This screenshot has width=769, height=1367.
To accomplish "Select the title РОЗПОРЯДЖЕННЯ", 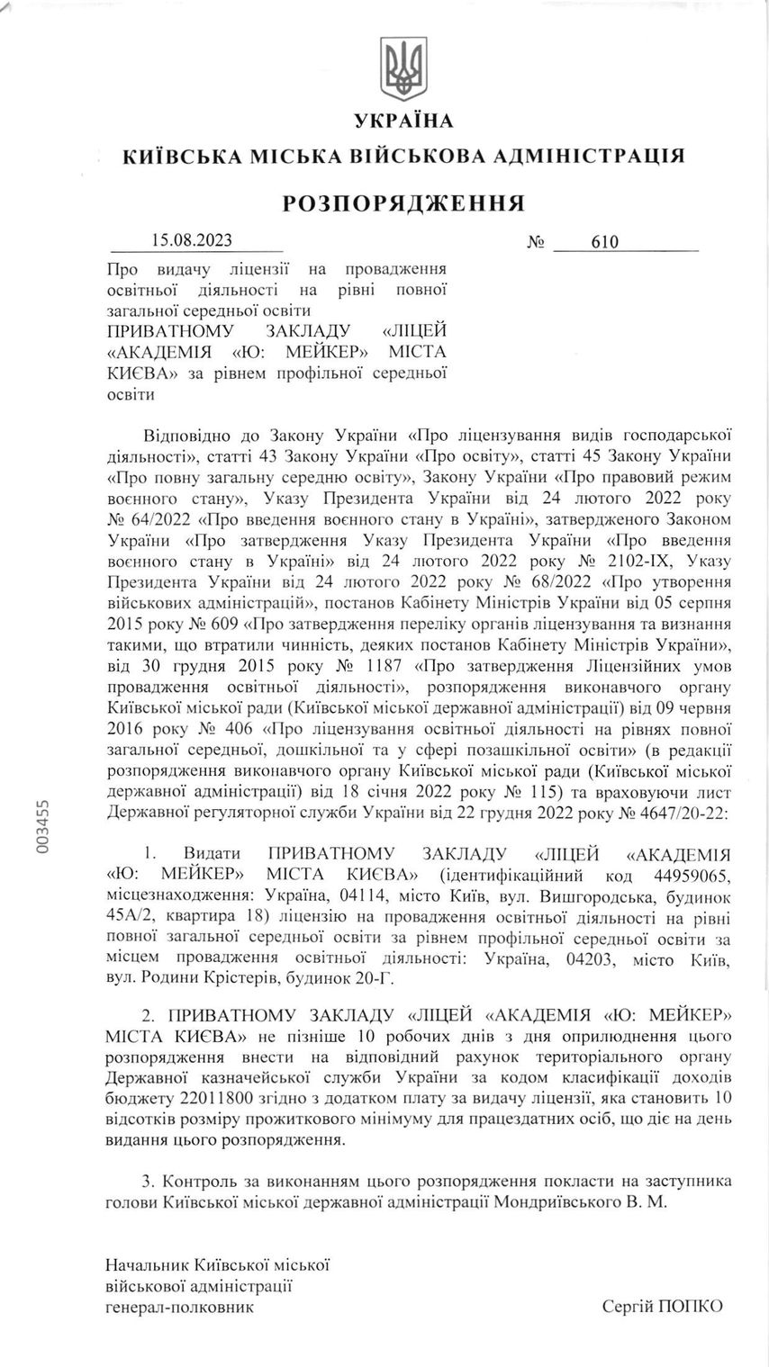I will click(403, 202).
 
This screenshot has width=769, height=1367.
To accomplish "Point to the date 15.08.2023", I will click(192, 240).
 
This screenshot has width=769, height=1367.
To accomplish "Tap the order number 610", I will click(606, 241).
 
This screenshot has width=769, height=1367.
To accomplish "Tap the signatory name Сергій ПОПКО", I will click(663, 1306).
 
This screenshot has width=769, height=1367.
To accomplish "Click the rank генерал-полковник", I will click(179, 1306).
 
